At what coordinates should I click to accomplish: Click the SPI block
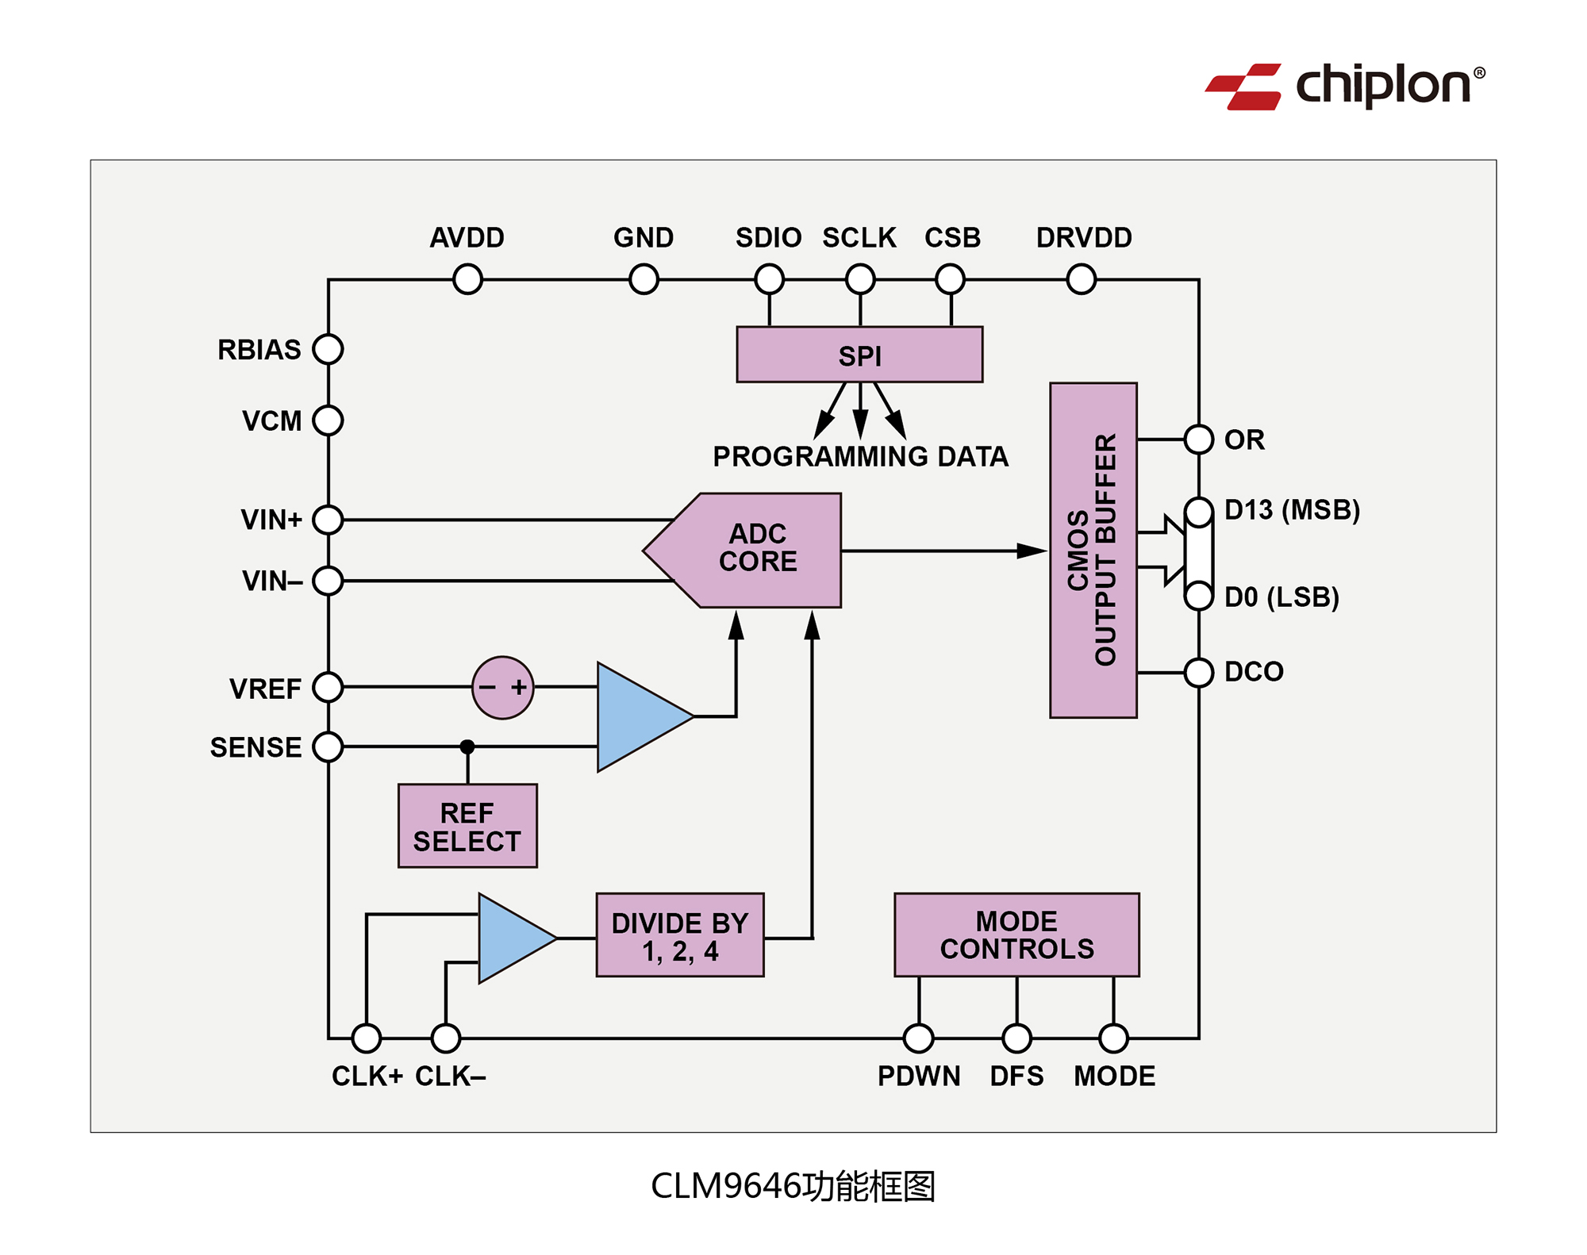(859, 355)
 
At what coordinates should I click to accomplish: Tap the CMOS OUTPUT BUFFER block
(1093, 550)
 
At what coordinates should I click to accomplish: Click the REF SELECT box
(467, 826)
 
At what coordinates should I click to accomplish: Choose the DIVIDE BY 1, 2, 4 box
(679, 935)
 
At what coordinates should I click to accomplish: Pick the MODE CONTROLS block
(1016, 935)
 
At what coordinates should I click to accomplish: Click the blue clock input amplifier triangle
(512, 938)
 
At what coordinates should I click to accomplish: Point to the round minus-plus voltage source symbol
(502, 687)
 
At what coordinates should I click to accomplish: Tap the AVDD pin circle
(467, 279)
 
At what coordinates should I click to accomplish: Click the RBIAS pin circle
(328, 349)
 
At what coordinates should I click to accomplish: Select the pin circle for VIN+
(328, 520)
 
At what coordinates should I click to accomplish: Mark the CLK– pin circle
(446, 1038)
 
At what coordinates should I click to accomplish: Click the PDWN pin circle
(919, 1038)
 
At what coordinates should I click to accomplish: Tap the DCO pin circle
(1199, 673)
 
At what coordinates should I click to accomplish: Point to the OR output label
(1244, 439)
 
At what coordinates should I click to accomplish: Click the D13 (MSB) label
(1292, 509)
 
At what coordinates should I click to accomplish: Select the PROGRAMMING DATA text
(860, 456)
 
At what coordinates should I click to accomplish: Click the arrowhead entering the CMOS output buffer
(1032, 551)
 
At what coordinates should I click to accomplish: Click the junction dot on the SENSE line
(467, 746)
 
